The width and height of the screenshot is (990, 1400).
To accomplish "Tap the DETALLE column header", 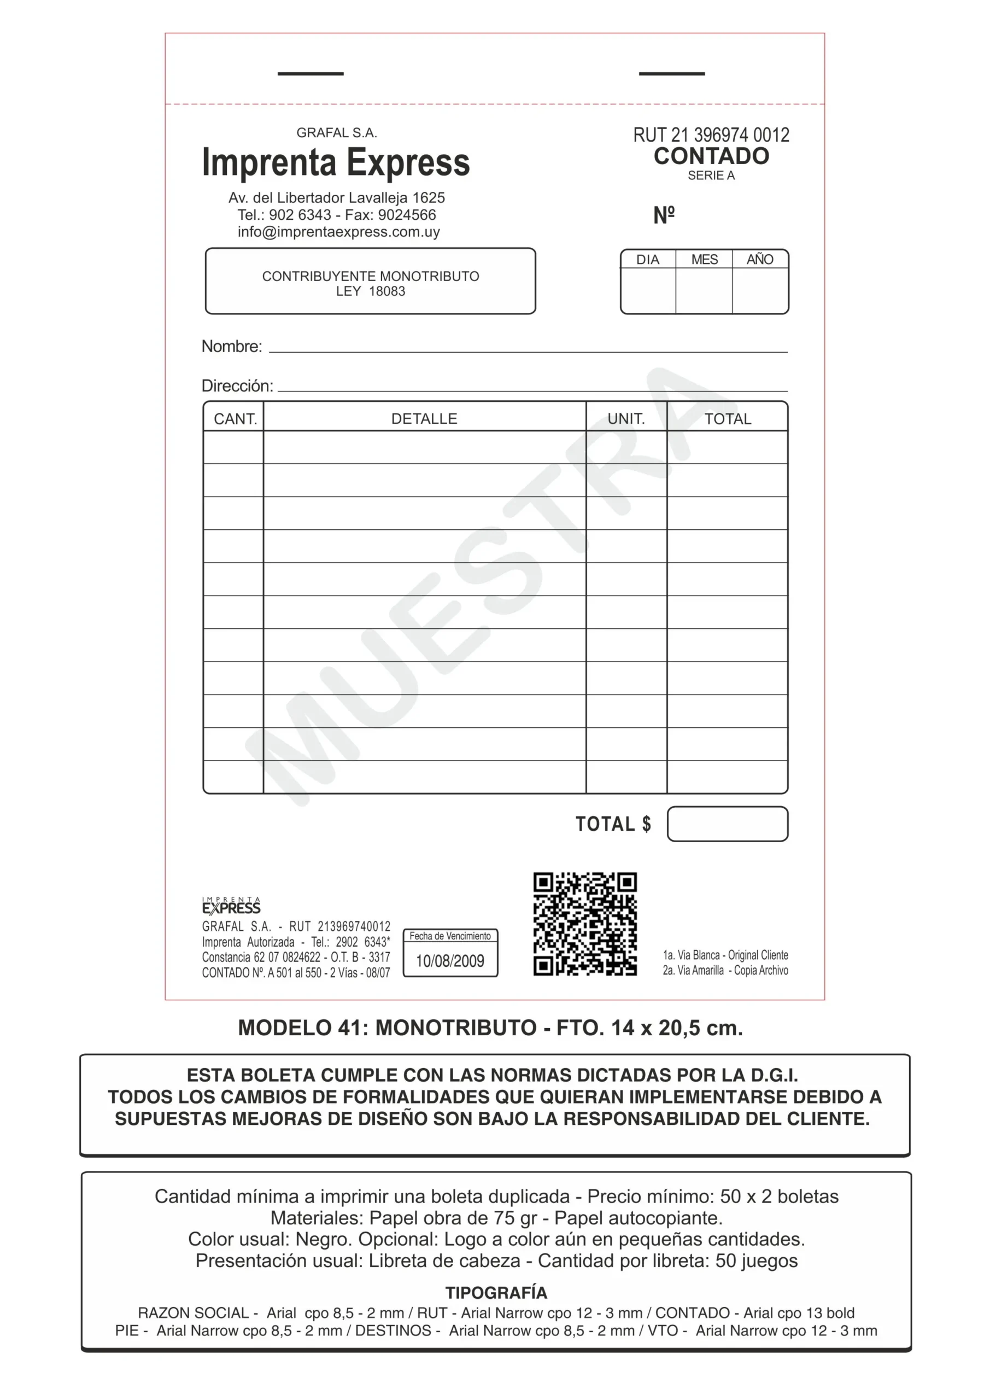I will coord(424,419).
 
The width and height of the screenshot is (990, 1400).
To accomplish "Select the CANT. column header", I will coord(235,419).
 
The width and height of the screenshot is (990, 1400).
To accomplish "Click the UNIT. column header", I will coord(626,419).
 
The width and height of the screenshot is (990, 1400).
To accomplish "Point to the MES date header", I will coord(704,260).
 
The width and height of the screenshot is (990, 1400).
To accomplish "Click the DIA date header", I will coord(647,260).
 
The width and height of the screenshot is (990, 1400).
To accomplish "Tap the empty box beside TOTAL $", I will coord(727,824).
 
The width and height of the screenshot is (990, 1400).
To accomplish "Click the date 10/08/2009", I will coord(450,961).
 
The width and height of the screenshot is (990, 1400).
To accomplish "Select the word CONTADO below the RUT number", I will coord(711,156).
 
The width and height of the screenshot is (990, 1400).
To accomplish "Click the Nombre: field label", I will coord(232,346).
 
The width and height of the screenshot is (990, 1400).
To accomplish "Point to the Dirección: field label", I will coord(237,386).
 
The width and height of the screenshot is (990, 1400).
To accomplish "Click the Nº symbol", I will coord(664,215).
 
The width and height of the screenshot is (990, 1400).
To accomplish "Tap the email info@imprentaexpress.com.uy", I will coord(338,232).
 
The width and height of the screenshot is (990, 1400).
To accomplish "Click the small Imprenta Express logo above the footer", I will coord(231,906).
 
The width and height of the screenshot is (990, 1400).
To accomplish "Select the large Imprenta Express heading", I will coord(336,163).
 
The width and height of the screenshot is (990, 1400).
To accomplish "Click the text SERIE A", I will coord(711,176).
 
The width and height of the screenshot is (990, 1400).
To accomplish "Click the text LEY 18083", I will coord(370,291).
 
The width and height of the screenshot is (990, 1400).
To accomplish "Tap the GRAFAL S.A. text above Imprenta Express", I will coord(337,133).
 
